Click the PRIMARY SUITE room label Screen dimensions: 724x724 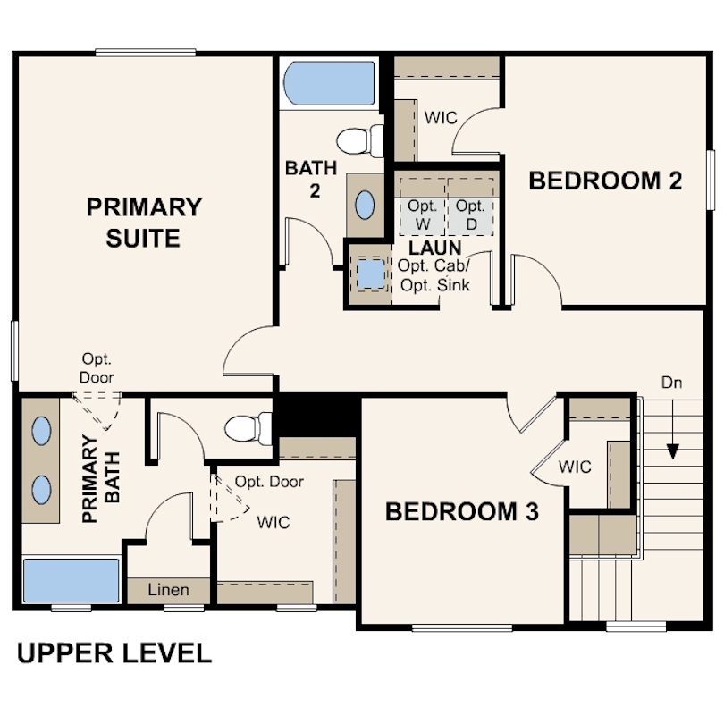coord(144,223)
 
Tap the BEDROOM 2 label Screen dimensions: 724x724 coord(605,181)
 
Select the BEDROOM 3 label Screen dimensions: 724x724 coord(462,511)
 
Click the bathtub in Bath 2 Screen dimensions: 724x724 coord(329,84)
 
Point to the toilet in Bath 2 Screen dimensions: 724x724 coord(360,141)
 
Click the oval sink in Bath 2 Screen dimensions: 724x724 coord(365,205)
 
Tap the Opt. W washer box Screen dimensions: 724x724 coord(423,216)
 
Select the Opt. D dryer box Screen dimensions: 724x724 coord(470,216)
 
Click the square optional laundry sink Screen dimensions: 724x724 coord(371,274)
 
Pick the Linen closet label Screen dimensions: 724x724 coord(169,590)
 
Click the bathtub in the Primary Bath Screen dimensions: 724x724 coord(72,580)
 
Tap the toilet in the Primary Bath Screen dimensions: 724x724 coord(248,429)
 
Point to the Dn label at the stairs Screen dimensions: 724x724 coord(672,383)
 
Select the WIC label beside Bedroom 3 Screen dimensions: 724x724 coord(575,467)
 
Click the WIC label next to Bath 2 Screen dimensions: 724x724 coord(441,118)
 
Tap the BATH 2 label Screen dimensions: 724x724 coord(311,179)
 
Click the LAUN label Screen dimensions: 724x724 coord(435,248)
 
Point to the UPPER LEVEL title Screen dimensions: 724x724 coord(114,653)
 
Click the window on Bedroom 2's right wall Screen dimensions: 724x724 coord(711,180)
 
